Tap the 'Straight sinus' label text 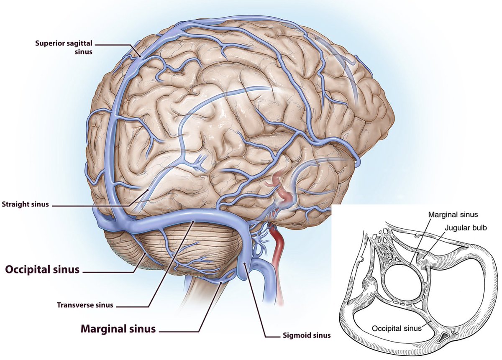point(26,205)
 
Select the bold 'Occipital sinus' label point(42,270)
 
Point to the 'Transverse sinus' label point(85,305)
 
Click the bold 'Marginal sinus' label point(118,329)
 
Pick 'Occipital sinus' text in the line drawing point(397,328)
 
